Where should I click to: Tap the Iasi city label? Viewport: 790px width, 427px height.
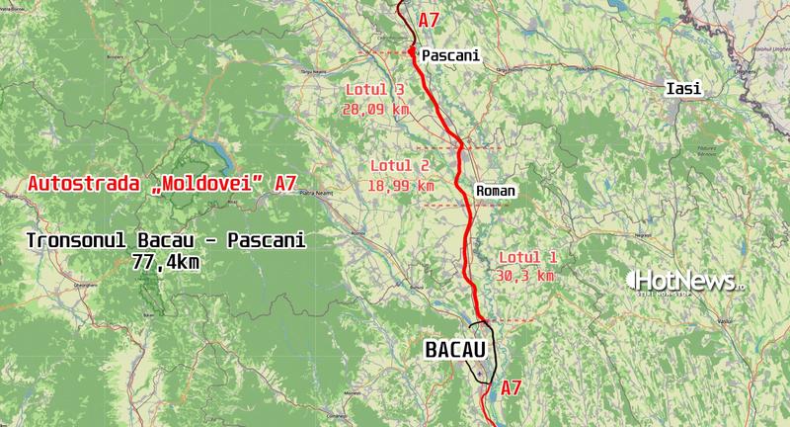tap(683, 89)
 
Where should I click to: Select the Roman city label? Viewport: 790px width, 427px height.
tap(495, 190)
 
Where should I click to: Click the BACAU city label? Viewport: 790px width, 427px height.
tap(457, 349)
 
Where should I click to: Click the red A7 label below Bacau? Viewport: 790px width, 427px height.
tap(511, 387)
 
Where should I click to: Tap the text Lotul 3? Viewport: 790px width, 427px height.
tap(375, 90)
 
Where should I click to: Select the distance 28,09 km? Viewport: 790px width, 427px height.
tap(375, 109)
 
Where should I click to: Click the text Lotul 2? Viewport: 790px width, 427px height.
tap(398, 165)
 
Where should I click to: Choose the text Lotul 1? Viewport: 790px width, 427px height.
tap(527, 257)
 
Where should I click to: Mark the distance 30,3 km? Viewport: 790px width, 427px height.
tap(527, 276)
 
